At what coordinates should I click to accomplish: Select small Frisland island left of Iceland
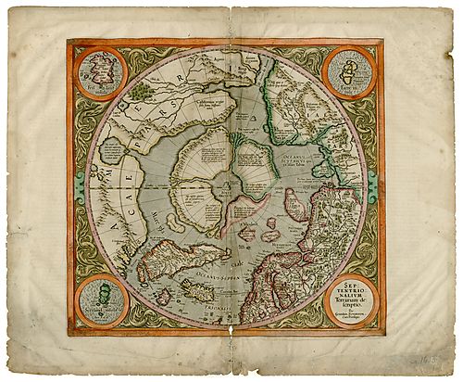pos(164,296)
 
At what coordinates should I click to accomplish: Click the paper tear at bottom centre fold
pos(231,326)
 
